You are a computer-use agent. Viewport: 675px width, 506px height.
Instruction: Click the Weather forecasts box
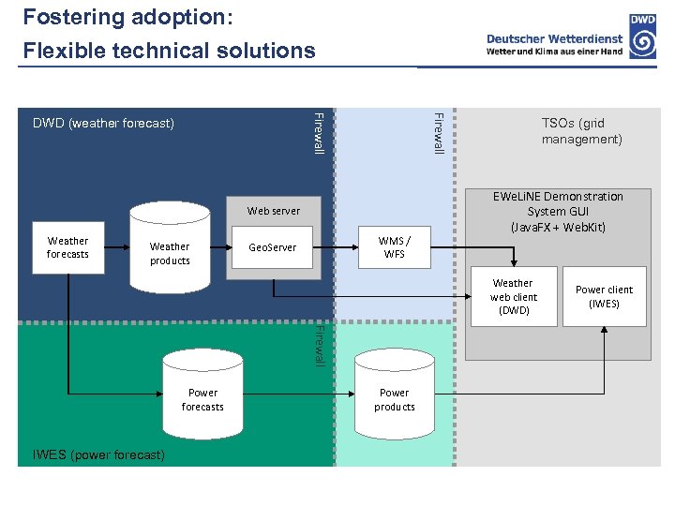pyautogui.click(x=67, y=248)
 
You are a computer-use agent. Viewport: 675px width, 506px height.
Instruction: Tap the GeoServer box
pyautogui.click(x=272, y=248)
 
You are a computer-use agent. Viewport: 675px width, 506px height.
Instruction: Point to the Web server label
pyautogui.click(x=274, y=211)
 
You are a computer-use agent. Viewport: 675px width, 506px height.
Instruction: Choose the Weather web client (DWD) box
pyautogui.click(x=513, y=297)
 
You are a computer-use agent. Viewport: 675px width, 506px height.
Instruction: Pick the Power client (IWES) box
pyautogui.click(x=604, y=297)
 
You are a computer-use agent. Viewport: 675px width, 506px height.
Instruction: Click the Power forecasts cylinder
pyautogui.click(x=202, y=394)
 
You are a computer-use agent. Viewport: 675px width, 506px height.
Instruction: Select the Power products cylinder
pyautogui.click(x=394, y=394)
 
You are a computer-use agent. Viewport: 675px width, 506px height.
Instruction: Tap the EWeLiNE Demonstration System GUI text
pyautogui.click(x=558, y=212)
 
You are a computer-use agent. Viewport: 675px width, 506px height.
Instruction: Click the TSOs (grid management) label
pyautogui.click(x=581, y=131)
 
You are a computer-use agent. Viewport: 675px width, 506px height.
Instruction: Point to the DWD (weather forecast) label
pyautogui.click(x=103, y=123)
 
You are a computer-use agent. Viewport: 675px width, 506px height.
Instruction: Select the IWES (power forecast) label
pyautogui.click(x=98, y=455)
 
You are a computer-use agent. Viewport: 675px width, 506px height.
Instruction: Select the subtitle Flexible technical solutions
pyautogui.click(x=169, y=51)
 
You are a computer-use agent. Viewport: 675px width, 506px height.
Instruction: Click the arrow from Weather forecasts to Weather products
pyautogui.click(x=113, y=248)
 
